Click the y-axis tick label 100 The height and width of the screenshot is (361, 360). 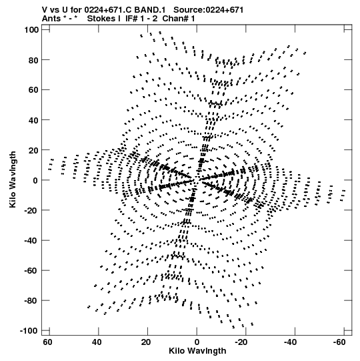click(31, 30)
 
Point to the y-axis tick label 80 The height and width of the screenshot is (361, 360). click(33, 60)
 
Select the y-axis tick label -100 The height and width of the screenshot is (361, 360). click(29, 331)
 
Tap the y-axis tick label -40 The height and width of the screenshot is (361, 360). click(31, 241)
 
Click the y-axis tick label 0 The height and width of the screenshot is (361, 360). click(35, 180)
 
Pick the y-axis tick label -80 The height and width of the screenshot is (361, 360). click(31, 301)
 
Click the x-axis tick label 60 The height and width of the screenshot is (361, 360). click(47, 342)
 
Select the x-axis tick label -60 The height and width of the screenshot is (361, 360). click(339, 342)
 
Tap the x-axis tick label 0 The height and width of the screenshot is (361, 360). click(197, 342)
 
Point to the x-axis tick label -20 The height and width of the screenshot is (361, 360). click(241, 342)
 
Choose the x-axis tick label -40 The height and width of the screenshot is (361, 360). click(290, 342)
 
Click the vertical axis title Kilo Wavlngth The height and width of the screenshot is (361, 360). click(13, 179)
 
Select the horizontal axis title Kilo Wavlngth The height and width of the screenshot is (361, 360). click(197, 351)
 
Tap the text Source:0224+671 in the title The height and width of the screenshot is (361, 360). click(209, 10)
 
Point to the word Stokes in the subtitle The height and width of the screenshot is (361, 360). click(103, 19)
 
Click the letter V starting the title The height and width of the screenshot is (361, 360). click(45, 10)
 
